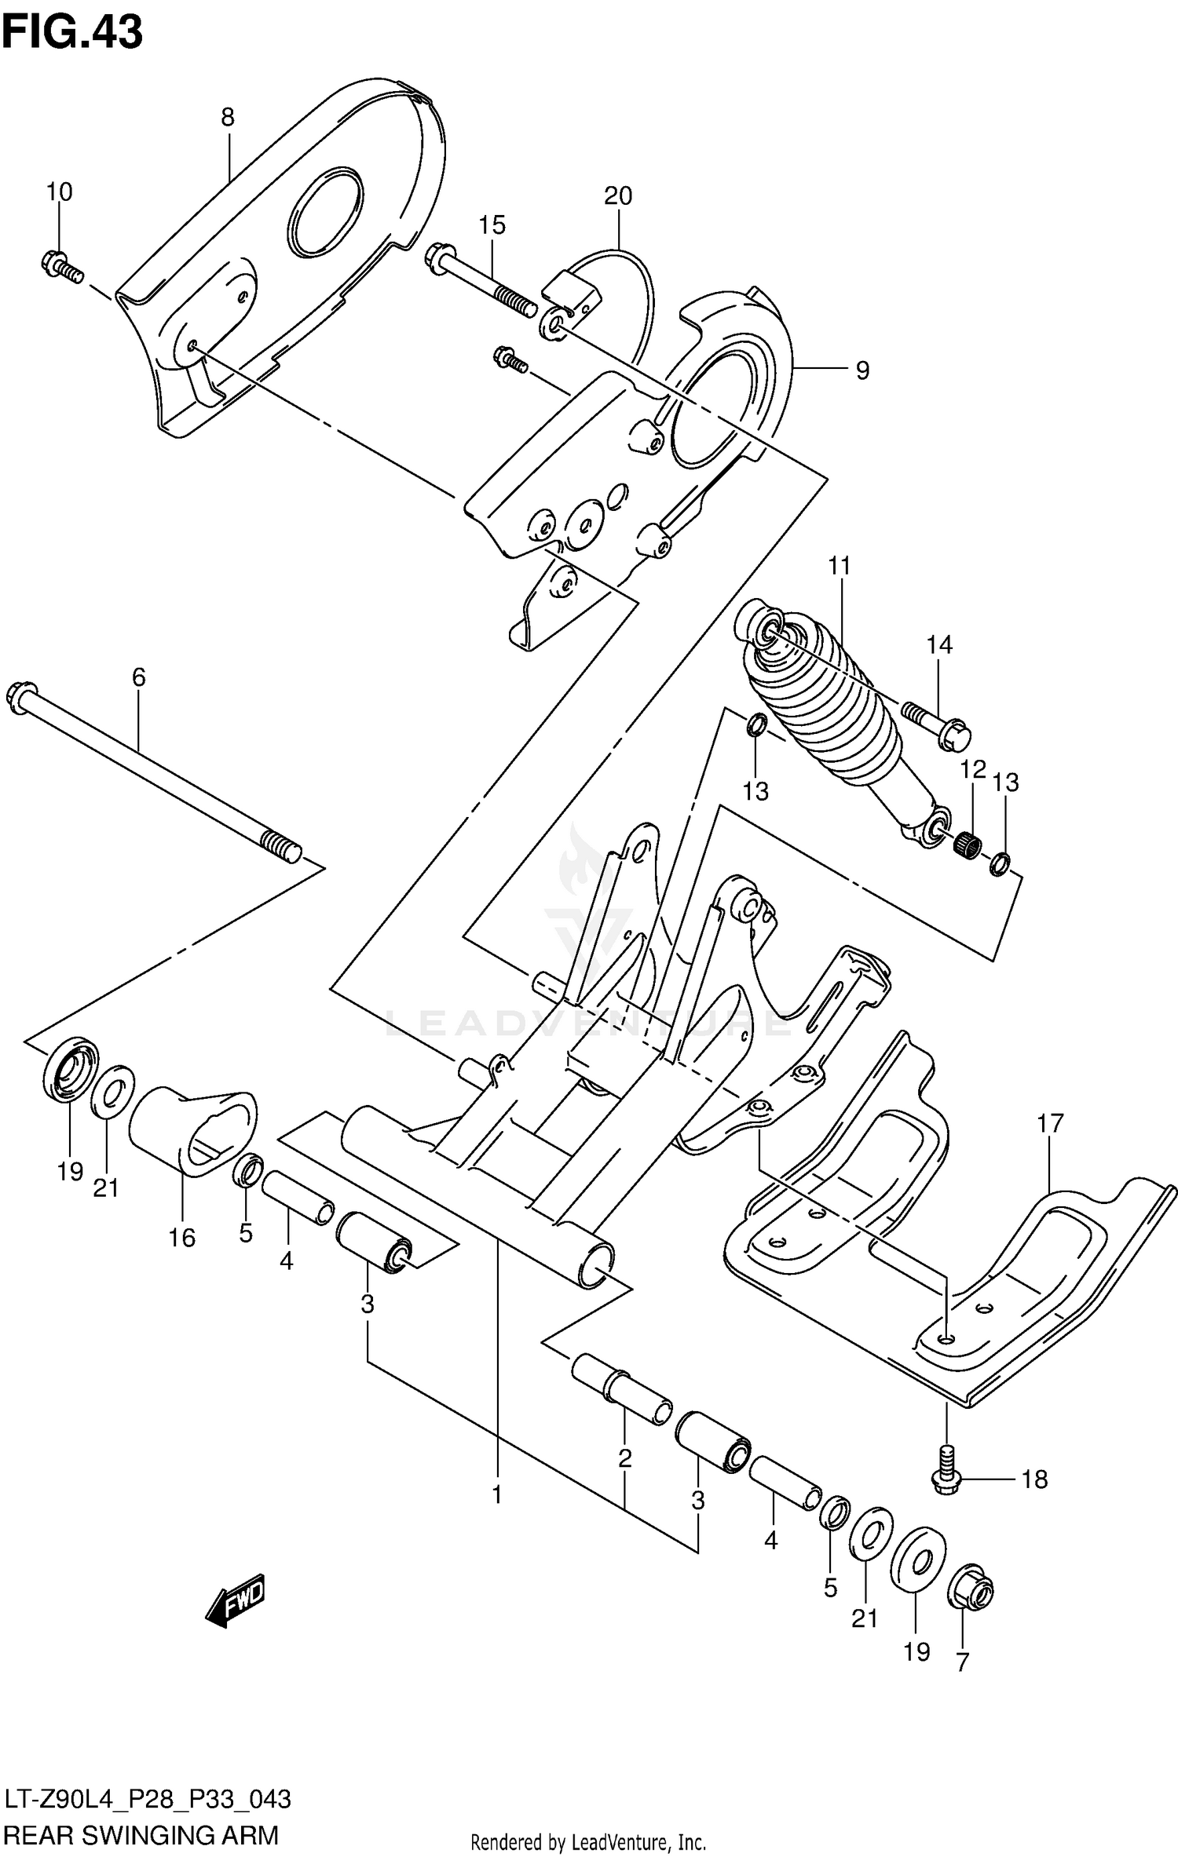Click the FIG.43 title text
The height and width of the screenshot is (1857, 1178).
72,33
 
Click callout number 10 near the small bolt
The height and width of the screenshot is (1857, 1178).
59,192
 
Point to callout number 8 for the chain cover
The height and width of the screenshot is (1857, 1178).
227,118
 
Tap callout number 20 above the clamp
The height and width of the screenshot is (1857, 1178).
618,195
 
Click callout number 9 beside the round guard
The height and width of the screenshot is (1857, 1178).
862,370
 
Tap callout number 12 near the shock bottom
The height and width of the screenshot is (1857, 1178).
973,770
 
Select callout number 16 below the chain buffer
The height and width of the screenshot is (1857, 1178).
182,1238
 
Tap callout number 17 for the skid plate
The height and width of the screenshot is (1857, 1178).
1049,1123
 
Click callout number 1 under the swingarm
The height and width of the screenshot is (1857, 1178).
497,1495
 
